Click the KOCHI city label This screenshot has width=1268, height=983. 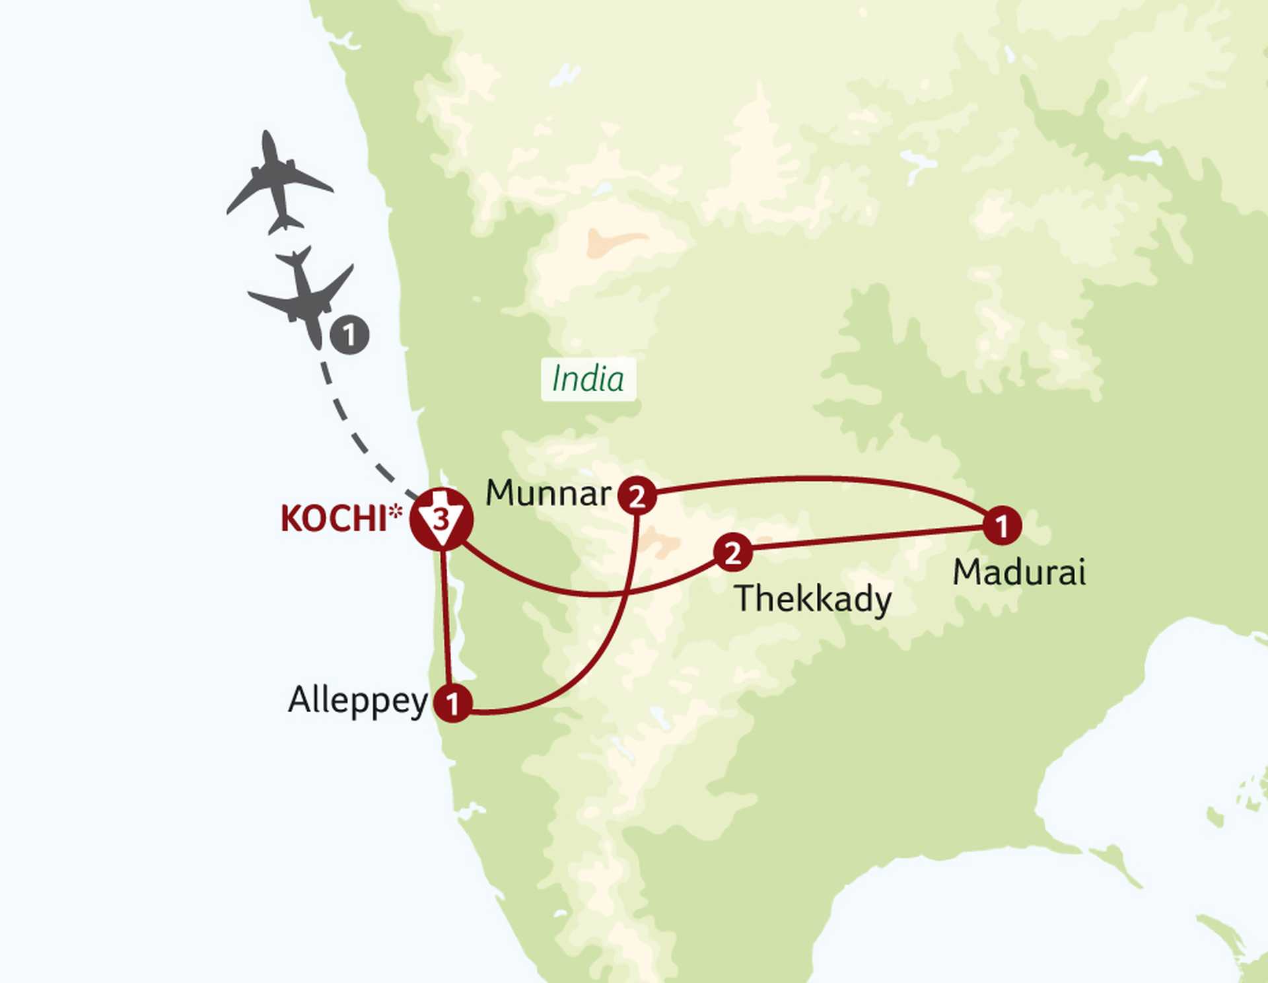coord(334,519)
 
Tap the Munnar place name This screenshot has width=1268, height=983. coord(548,493)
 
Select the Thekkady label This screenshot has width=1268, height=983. coord(813,599)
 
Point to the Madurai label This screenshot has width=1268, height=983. coord(1018,572)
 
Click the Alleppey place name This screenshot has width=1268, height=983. coord(358,701)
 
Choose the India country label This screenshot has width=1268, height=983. coord(588,379)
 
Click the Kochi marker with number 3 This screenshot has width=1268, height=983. coord(441,519)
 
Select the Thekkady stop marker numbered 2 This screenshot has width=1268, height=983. coord(732,552)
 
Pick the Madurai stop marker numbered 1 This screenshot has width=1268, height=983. coord(1002,526)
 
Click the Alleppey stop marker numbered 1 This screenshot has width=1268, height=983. coord(452,703)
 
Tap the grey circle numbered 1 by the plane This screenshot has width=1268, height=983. coord(349,335)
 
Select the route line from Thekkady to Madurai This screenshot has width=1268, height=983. coord(865,538)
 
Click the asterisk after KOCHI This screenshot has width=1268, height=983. coord(395,511)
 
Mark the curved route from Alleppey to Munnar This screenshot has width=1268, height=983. coord(594,654)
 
